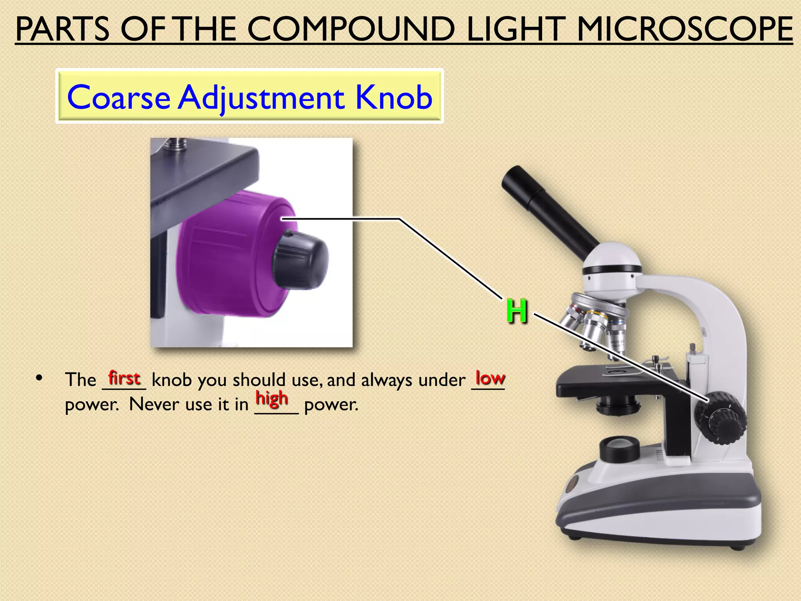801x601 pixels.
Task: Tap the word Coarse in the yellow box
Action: point(119,97)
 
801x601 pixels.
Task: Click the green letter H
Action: point(517,311)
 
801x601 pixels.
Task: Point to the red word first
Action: point(124,378)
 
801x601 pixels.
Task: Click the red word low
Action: point(490,378)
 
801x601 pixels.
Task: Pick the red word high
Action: point(272,399)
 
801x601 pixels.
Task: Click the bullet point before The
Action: point(39,378)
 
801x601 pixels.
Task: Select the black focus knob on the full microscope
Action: point(720,418)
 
